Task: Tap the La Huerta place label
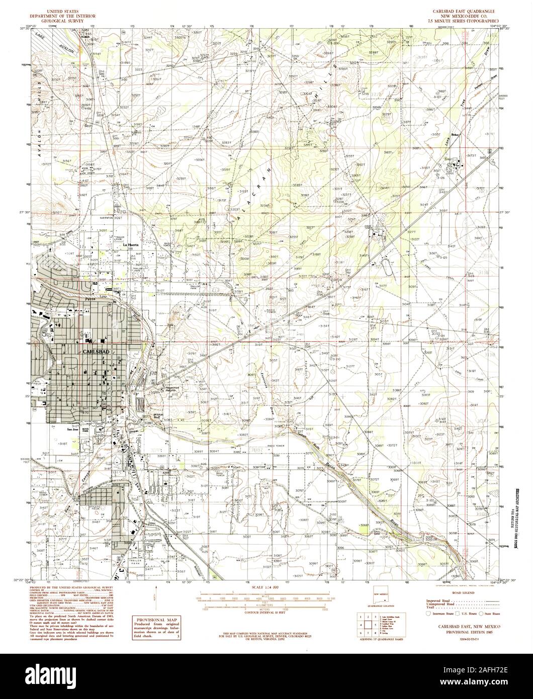pyautogui.click(x=131, y=244)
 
